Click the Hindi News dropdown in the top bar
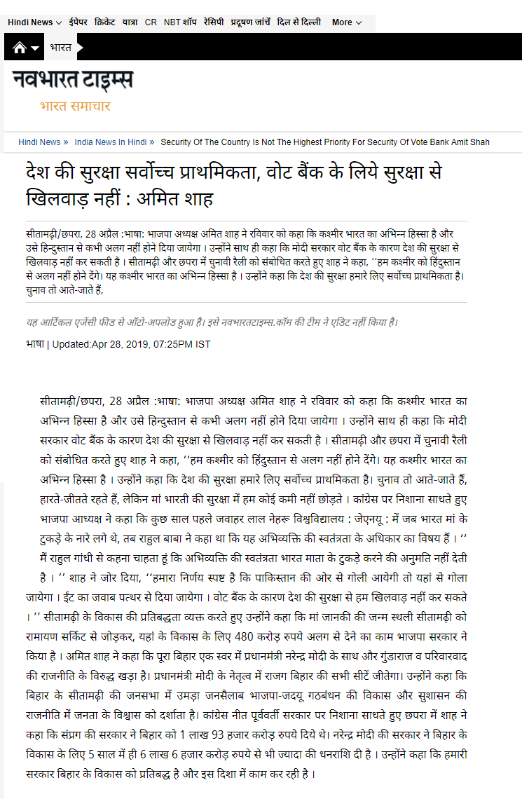(34, 22)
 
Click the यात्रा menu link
(130, 22)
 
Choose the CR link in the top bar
(151, 22)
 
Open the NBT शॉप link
(180, 22)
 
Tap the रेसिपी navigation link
(214, 22)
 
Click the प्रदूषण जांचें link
(250, 22)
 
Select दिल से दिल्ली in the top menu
(299, 22)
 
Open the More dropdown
(347, 22)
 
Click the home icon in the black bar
(20, 48)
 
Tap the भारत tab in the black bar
(61, 48)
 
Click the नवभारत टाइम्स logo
(72, 81)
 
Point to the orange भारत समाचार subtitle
(75, 107)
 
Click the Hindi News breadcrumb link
(39, 142)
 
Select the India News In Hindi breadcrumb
(111, 142)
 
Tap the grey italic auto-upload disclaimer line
(212, 322)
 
